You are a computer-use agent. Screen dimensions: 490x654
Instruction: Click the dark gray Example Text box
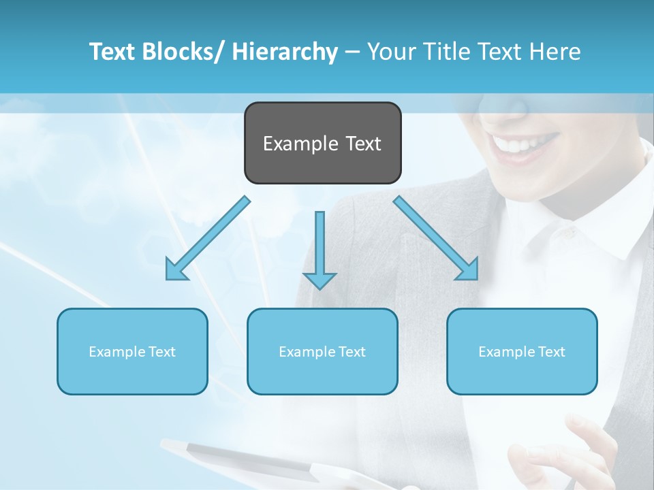pos(322,143)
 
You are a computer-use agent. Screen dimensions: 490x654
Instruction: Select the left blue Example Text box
pos(132,351)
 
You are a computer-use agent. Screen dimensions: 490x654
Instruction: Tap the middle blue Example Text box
pos(322,351)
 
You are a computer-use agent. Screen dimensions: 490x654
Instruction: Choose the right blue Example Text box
pos(522,351)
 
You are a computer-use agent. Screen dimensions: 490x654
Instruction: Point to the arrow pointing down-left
pos(207,239)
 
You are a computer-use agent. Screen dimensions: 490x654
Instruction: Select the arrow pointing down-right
pos(437,239)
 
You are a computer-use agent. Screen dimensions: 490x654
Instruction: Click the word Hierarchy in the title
pos(285,52)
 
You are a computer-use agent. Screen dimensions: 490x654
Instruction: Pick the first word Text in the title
pos(114,52)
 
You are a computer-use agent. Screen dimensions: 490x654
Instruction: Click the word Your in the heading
pos(390,52)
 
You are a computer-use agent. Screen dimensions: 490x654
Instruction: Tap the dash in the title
pos(352,52)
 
